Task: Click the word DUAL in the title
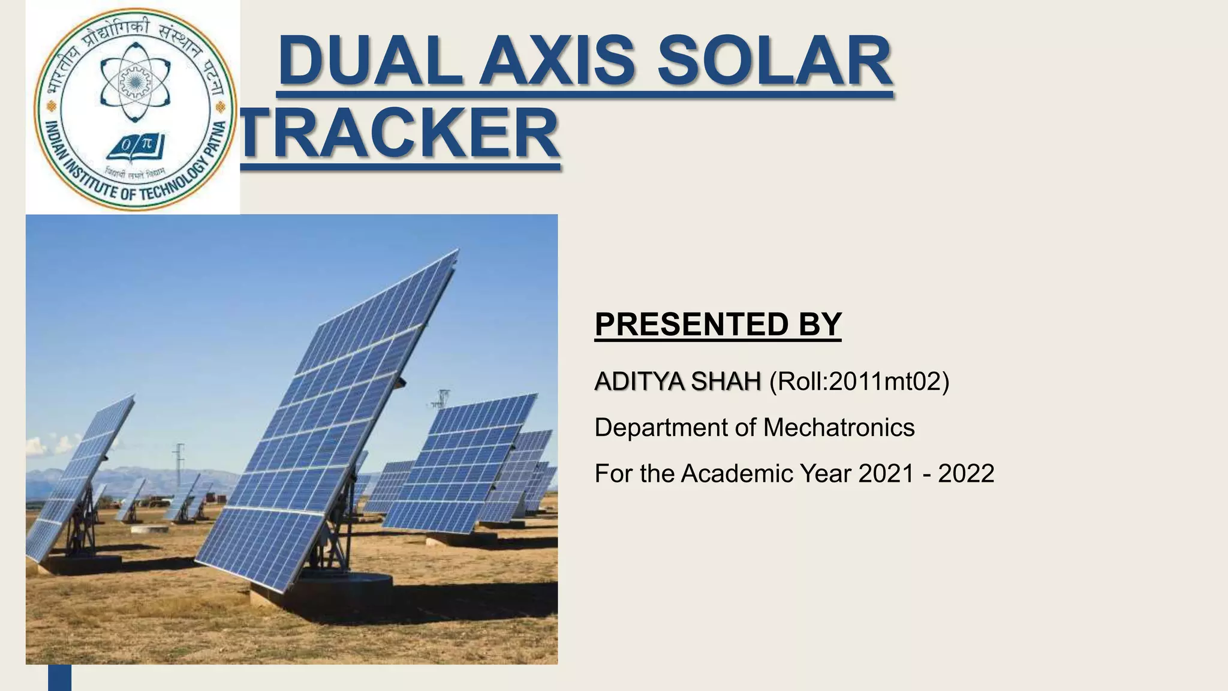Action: pos(370,61)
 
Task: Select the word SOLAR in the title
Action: pos(775,61)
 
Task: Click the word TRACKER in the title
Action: pos(401,133)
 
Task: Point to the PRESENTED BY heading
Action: pos(718,325)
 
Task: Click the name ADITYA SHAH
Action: pos(677,381)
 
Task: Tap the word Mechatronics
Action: pos(838,428)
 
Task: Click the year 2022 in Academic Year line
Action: pos(965,474)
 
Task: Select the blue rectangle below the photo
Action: pos(59,677)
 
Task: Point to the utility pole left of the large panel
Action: pos(179,468)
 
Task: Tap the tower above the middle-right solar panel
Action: pos(443,398)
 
